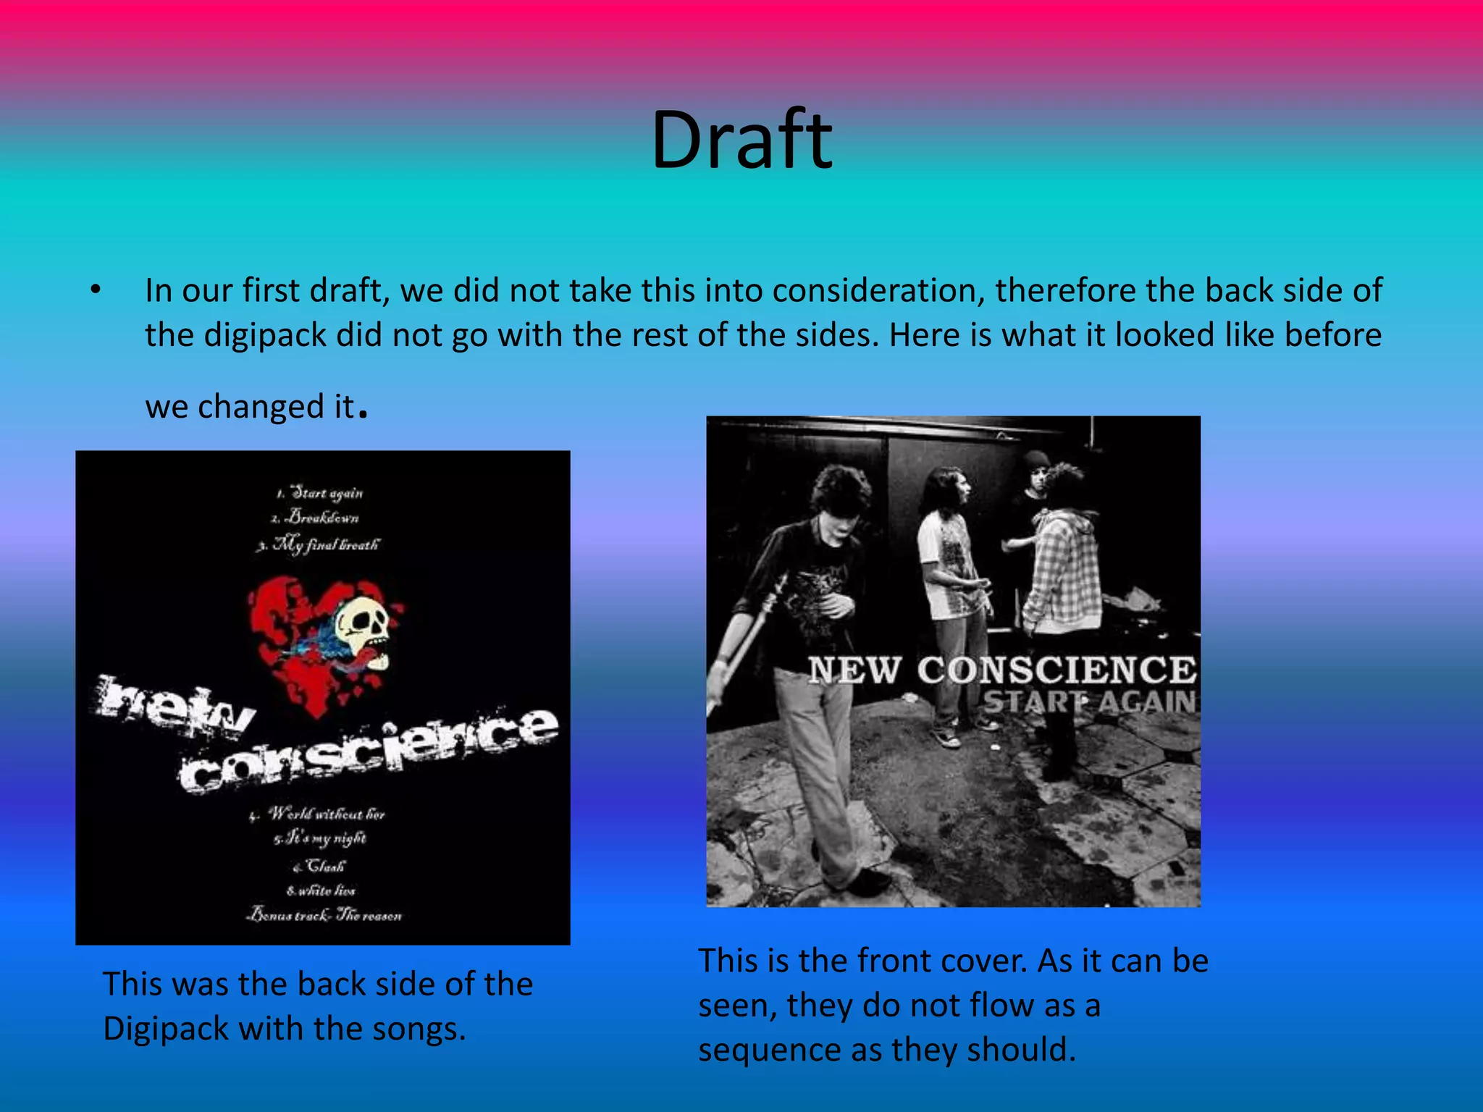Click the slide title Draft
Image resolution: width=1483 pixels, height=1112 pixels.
point(741,140)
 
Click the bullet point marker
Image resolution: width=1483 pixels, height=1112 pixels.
point(95,291)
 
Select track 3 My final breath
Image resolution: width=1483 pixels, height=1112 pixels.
point(319,544)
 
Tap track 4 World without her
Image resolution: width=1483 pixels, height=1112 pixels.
point(319,814)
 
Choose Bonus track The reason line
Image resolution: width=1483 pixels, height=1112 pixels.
point(324,916)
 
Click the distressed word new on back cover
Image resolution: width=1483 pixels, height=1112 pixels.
point(174,706)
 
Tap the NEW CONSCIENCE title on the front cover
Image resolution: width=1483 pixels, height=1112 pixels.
point(1002,670)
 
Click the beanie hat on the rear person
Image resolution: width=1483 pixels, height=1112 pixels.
point(1037,460)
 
